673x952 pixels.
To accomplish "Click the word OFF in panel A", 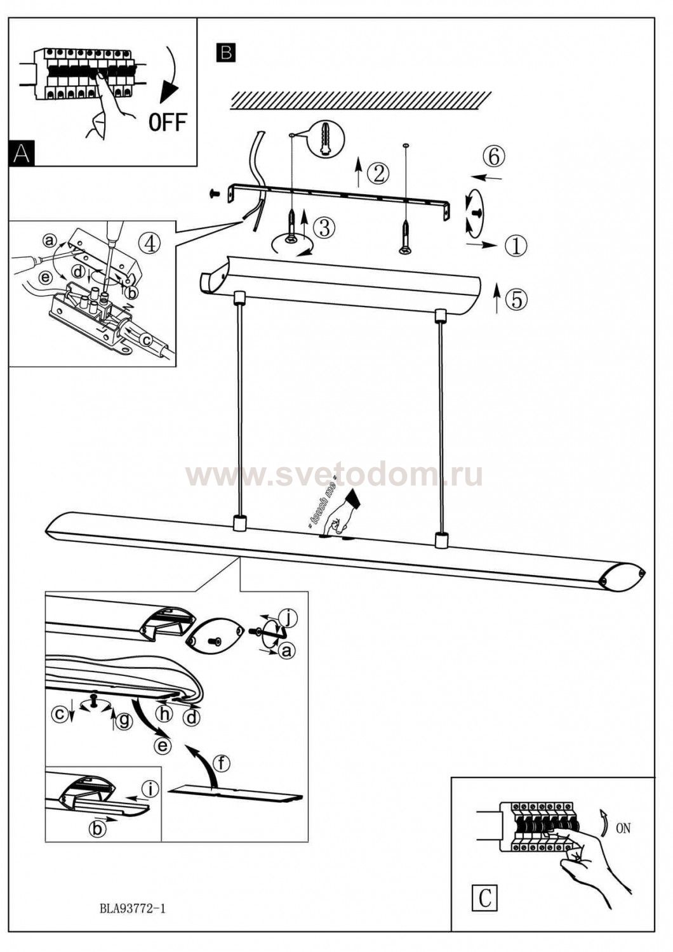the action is (168, 122).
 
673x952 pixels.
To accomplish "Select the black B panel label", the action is (226, 53).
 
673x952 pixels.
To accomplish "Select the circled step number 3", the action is (324, 228).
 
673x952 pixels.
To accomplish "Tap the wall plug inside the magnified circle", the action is (326, 140).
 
